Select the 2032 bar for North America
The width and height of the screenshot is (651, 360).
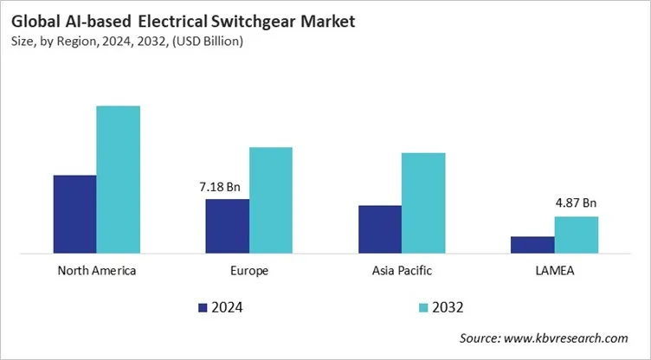pos(118,180)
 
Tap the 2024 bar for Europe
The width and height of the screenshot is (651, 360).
pos(227,227)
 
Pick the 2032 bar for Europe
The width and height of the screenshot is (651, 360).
pos(271,201)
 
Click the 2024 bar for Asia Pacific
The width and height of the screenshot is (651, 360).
pos(379,230)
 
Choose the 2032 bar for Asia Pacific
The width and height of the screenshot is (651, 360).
pos(423,203)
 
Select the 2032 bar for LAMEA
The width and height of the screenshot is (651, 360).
pos(576,235)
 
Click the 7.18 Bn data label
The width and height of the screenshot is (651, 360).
pos(220,186)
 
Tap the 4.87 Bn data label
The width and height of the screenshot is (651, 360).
pos(576,203)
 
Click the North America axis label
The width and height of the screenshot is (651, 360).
pos(96,271)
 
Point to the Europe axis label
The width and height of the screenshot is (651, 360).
pos(249,271)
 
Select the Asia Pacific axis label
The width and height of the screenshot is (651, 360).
pos(402,271)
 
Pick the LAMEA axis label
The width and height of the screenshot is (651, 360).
pos(554,271)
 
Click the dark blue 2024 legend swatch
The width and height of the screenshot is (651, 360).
pos(203,307)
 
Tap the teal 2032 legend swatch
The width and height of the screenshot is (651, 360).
pos(422,307)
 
